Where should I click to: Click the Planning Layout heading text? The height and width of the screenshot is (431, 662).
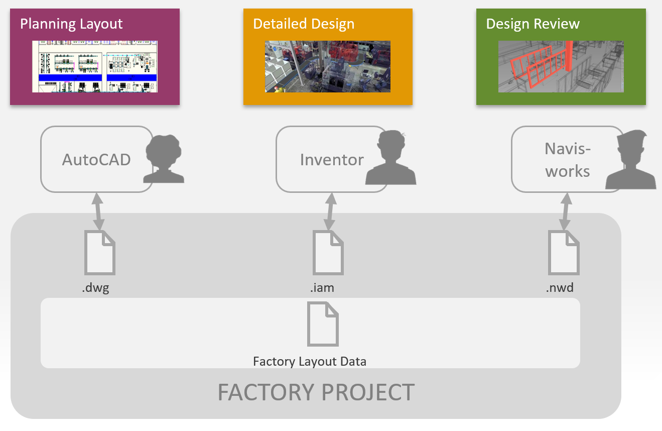click(71, 24)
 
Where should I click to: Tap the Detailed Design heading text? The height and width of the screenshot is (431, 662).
click(304, 24)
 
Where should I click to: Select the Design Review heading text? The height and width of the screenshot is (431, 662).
click(533, 24)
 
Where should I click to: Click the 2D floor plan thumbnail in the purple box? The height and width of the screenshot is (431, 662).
click(95, 66)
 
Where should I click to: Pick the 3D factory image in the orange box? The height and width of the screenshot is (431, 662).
click(327, 66)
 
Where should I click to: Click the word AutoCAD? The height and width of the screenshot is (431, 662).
click(96, 159)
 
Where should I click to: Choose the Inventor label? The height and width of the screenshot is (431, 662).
click(332, 159)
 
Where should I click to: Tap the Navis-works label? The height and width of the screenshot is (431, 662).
click(568, 160)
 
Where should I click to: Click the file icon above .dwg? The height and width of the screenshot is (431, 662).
click(99, 253)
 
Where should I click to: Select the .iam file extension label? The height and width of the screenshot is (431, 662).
click(322, 288)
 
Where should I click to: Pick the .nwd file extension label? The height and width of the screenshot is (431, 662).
click(560, 288)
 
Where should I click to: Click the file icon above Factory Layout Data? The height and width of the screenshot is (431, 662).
click(323, 324)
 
